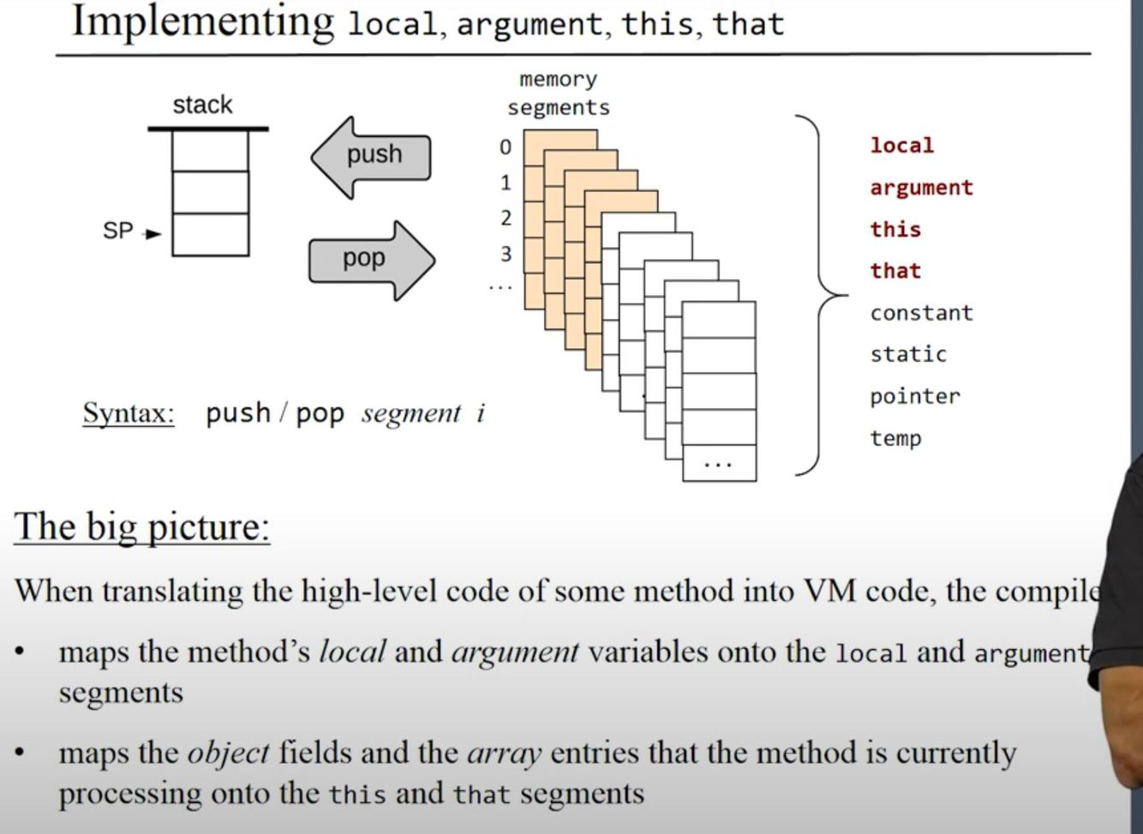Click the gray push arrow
pos(372,157)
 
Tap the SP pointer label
pos(118,231)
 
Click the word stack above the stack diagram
pos(202,105)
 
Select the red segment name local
pos(901,146)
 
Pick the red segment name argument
pos(921,188)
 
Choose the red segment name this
pos(895,230)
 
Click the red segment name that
pos(895,271)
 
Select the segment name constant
pos(921,313)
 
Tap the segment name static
pos(908,354)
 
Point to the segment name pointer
pos(915,396)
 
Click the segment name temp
pos(895,438)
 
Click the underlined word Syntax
pos(129,414)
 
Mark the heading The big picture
pos(142,526)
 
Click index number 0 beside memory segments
pos(506,147)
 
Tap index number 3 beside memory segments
pos(506,255)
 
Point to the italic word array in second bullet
pos(504,753)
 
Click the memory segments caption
pos(558,93)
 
